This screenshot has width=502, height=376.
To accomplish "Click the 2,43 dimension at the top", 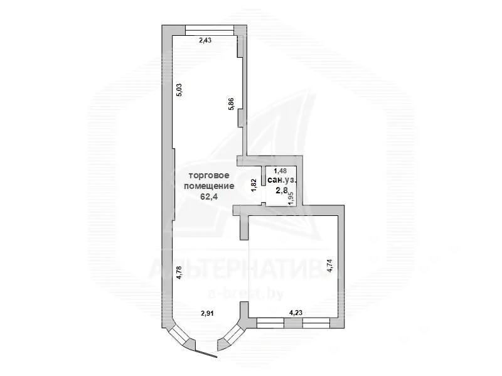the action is (x=205, y=40).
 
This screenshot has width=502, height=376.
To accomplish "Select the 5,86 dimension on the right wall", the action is (x=231, y=104).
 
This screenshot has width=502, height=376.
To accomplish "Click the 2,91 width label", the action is (x=207, y=314).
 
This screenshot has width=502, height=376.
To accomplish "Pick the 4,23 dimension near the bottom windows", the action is (x=296, y=313).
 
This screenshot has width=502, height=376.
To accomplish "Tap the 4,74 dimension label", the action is (x=331, y=266).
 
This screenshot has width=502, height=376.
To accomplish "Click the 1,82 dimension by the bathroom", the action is (x=254, y=185).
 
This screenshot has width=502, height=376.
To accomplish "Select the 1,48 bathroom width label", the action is (x=280, y=171).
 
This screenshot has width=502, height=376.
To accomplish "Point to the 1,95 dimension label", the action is (x=291, y=199).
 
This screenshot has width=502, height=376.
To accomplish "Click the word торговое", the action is (x=209, y=176).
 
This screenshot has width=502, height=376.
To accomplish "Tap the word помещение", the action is (x=209, y=186).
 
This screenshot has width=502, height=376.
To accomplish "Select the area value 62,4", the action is (x=209, y=196).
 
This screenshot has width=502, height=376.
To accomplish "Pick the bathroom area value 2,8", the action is (x=280, y=191).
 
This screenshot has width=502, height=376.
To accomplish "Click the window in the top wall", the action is (x=210, y=30).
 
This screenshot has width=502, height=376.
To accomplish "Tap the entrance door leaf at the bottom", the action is (x=207, y=353).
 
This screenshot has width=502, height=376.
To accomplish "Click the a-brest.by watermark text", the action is (x=245, y=293).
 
